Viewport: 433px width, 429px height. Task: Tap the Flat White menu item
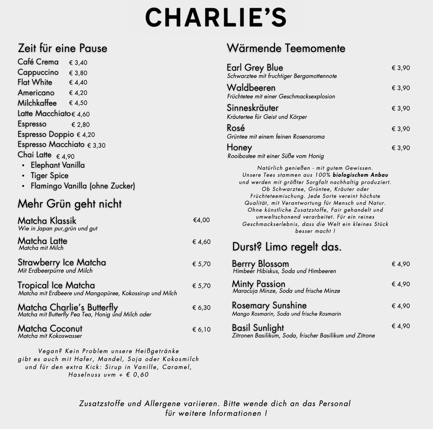click(x=35, y=82)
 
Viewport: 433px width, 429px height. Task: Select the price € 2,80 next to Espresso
click(x=80, y=125)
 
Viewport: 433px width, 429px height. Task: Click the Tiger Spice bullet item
click(x=50, y=176)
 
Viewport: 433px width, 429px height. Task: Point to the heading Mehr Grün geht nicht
click(x=70, y=204)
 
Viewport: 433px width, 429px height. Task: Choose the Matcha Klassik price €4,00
click(x=201, y=220)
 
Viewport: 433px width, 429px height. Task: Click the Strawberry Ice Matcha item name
click(x=62, y=262)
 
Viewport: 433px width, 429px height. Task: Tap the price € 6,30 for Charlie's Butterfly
click(x=201, y=308)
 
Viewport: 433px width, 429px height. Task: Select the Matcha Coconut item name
click(x=50, y=329)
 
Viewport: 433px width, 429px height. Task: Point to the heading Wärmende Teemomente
click(x=286, y=48)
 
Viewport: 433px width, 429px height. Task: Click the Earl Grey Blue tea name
click(x=255, y=68)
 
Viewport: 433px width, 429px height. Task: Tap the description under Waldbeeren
click(x=281, y=96)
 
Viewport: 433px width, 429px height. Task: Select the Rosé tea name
click(x=236, y=128)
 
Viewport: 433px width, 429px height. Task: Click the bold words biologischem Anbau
click(x=360, y=175)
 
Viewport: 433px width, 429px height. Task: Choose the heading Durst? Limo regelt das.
click(x=286, y=247)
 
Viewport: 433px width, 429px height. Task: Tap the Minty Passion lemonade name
click(x=258, y=284)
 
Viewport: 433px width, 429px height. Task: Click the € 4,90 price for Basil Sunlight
click(x=401, y=326)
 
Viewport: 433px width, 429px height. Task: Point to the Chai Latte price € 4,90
click(x=65, y=157)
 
